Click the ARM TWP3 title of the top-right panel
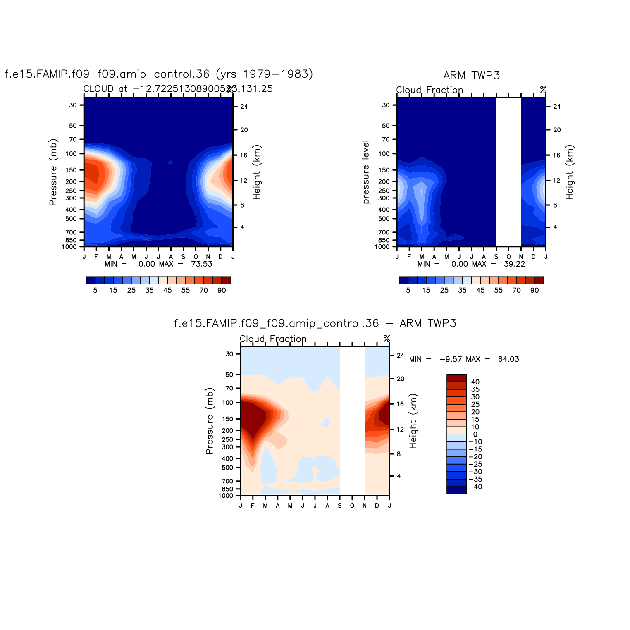pos(471,75)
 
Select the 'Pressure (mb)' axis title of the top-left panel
pos(53,172)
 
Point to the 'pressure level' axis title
pos(366,172)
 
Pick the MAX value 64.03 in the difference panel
pos(508,359)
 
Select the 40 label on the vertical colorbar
pos(475,382)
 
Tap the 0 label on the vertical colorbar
pos(475,434)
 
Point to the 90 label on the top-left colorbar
pos(222,290)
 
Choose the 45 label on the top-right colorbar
pos(480,290)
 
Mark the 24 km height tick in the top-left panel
pos(244,107)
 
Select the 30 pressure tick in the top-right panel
pos(386,105)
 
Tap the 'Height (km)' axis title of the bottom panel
pos(413,421)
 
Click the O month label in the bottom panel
pos(352,506)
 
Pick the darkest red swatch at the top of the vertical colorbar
pos(456,378)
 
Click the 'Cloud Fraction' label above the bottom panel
pos(273,339)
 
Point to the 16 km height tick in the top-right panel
pos(557,155)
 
